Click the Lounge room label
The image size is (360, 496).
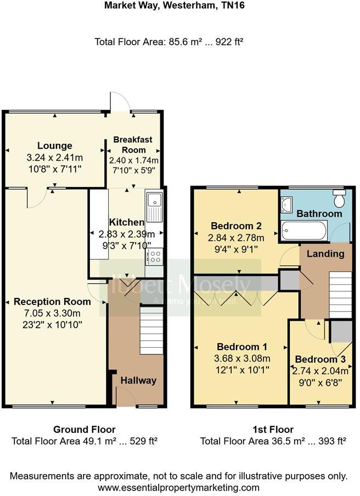(x=55, y=145)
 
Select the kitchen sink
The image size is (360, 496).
(x=154, y=207)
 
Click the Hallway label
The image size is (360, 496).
(x=138, y=380)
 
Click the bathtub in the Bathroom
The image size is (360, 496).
(x=304, y=230)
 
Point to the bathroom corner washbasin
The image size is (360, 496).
(x=286, y=205)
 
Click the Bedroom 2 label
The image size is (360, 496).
(x=235, y=226)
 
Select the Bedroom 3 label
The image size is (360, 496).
(x=320, y=359)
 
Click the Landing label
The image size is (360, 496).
(x=325, y=253)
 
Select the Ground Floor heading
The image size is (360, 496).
(x=84, y=429)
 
